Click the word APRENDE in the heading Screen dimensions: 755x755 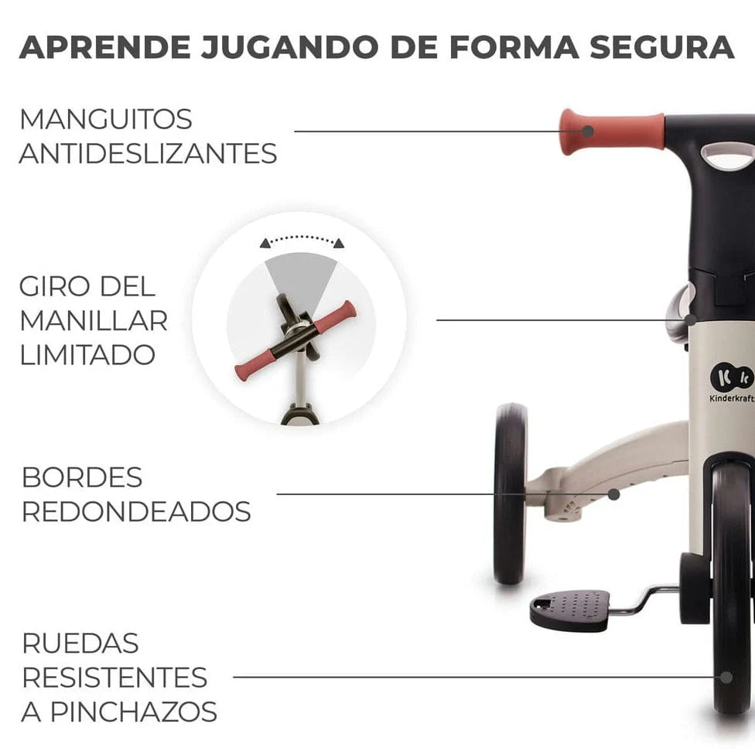[x=105, y=47]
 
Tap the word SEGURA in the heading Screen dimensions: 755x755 [x=662, y=47]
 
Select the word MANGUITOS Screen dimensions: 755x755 [x=106, y=119]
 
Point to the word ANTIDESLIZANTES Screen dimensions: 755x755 [x=149, y=154]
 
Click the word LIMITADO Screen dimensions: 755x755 [x=87, y=355]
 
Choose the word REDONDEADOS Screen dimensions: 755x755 [x=136, y=511]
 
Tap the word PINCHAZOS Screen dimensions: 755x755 [x=134, y=712]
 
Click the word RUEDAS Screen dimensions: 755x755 [x=80, y=644]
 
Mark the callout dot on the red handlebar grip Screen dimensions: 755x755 [x=587, y=131]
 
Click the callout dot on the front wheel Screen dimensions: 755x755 [x=726, y=678]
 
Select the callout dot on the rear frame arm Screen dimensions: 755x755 [x=613, y=494]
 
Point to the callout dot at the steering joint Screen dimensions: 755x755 [x=691, y=319]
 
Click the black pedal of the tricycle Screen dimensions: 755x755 [x=570, y=610]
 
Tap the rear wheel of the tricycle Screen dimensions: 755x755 [x=511, y=494]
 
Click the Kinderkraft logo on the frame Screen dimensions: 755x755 [x=732, y=383]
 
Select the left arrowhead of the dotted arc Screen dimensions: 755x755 [x=265, y=243]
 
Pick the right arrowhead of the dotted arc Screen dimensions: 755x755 [x=340, y=243]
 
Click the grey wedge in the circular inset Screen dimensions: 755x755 [x=302, y=279]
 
